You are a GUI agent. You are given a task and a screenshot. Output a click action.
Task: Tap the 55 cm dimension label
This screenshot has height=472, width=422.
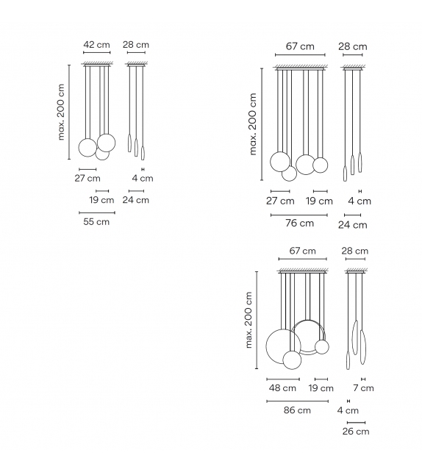[96, 221]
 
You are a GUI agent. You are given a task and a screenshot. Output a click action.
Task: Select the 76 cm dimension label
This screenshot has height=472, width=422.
[299, 224]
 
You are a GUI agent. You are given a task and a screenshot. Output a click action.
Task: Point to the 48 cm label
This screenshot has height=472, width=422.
[282, 388]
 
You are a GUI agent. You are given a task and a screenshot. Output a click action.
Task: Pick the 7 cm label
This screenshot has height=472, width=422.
[363, 388]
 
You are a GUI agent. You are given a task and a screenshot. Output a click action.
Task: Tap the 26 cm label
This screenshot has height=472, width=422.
[356, 432]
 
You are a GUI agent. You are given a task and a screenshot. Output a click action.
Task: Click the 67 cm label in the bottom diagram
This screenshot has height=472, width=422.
[302, 251]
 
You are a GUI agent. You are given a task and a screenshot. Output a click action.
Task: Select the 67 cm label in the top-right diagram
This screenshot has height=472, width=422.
[299, 46]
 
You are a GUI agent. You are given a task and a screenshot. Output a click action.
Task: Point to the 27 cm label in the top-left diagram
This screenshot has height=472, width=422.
[87, 178]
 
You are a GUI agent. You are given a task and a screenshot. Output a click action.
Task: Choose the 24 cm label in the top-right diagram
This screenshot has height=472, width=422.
[352, 225]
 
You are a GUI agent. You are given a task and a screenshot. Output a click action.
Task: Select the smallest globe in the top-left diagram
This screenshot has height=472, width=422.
[102, 153]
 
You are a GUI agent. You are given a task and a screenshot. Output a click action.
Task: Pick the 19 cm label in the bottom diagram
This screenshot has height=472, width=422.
[321, 388]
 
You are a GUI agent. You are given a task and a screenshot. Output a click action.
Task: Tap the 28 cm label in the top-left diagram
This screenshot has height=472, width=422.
[136, 45]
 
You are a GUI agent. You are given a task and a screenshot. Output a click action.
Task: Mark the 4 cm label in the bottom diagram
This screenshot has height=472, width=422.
[348, 410]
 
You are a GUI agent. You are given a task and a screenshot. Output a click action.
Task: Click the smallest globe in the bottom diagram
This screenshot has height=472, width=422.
[321, 347]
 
